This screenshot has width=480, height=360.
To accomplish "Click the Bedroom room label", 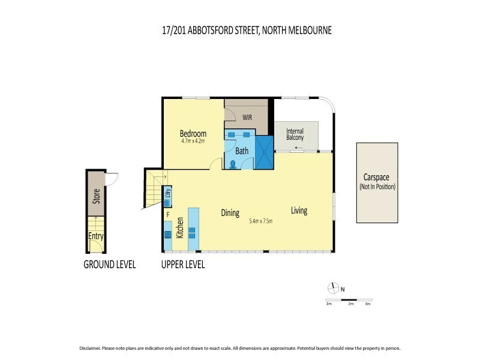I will click(193, 134).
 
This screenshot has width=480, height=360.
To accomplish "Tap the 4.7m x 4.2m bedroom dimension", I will click(193, 142).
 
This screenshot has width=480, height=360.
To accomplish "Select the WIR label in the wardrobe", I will click(247, 118).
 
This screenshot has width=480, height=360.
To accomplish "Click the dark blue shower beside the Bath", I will click(264, 152).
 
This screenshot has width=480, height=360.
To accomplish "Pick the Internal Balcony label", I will click(295, 134).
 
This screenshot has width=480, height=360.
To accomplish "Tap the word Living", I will click(299, 211).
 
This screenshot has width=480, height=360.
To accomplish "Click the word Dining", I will click(230, 213).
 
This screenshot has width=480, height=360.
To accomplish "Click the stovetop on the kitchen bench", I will click(168, 234).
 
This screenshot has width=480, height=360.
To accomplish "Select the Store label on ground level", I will click(96, 195).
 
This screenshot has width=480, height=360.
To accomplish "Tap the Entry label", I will click(96, 236).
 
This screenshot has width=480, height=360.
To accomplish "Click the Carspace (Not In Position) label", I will click(376, 182).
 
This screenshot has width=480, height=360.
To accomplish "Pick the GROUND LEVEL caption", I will click(109, 264).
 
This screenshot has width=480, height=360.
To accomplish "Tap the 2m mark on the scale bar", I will click(350, 304).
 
